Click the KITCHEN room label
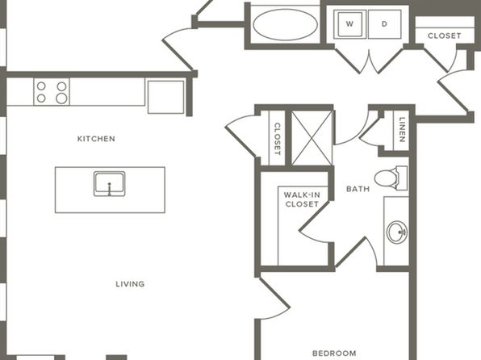click(x=96, y=139)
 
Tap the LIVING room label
click(x=130, y=284)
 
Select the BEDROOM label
click(x=334, y=354)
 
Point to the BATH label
click(x=358, y=189)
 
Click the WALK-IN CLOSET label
click(x=302, y=199)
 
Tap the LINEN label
click(x=402, y=129)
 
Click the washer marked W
click(x=349, y=24)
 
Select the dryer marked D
click(x=385, y=24)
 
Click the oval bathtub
click(x=285, y=24)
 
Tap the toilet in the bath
click(x=391, y=178)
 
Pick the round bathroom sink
click(x=396, y=232)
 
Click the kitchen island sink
click(x=110, y=184)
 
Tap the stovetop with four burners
click(x=52, y=91)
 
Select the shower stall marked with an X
click(x=312, y=138)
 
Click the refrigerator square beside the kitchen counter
click(x=166, y=97)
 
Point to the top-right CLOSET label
click(x=444, y=36)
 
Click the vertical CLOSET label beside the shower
click(x=277, y=139)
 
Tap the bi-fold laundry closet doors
click(x=369, y=61)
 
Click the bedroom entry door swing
click(x=274, y=299)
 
